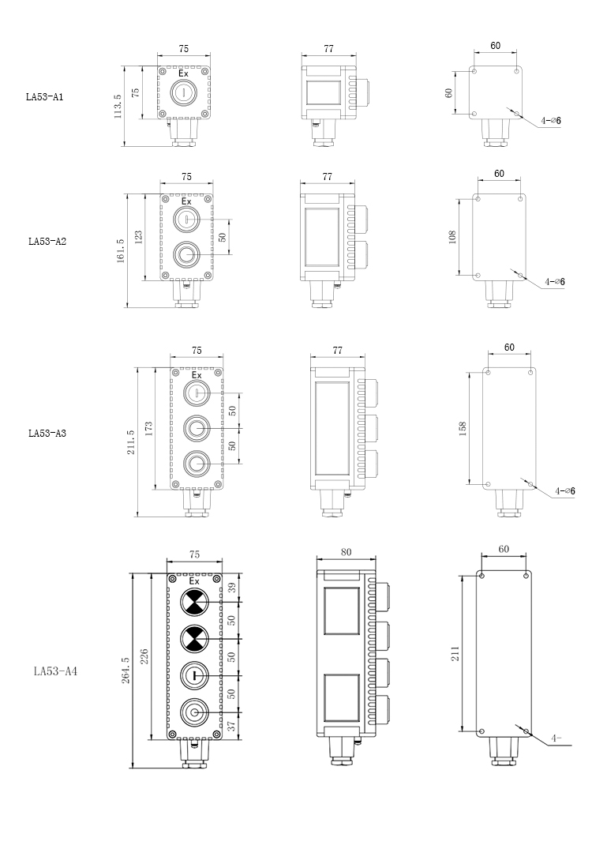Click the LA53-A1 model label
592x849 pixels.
pyautogui.click(x=44, y=98)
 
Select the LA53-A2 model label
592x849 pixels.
pyautogui.click(x=47, y=242)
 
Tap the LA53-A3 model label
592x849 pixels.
pyautogui.click(x=47, y=433)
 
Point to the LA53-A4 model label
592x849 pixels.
pyautogui.click(x=55, y=672)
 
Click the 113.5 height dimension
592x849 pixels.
pyautogui.click(x=118, y=105)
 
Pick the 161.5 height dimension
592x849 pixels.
pyautogui.click(x=121, y=252)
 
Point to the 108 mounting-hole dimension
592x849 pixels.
pyautogui.click(x=452, y=237)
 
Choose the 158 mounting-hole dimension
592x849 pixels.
pyautogui.click(x=463, y=428)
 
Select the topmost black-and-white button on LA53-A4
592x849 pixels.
pyautogui.click(x=194, y=603)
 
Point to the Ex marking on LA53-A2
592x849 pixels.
pyautogui.click(x=186, y=201)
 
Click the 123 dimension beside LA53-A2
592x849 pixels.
pyautogui.click(x=139, y=237)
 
